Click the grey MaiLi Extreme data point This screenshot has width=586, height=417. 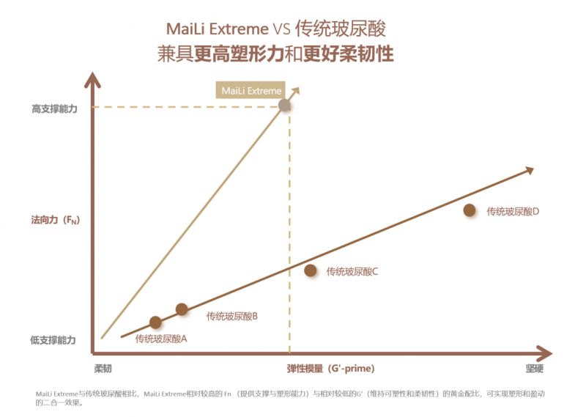coord(286,106)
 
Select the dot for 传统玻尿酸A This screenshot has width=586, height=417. coord(155,322)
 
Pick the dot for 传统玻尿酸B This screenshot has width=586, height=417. coord(182,309)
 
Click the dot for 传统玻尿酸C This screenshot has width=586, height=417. coord(311,270)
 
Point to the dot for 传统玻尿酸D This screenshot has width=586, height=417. coord(470,210)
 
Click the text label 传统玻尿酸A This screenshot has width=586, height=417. coord(161,339)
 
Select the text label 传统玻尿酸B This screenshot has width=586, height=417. coord(231,317)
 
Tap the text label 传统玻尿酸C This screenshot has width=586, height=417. coord(352,271)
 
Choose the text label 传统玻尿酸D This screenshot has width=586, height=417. coord(513,211)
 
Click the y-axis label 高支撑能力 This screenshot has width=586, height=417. coord(53,108)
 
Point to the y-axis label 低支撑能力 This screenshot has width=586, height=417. coord(53,341)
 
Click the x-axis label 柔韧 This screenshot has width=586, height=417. coord(103,368)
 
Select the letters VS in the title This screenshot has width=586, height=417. coord(281,29)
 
